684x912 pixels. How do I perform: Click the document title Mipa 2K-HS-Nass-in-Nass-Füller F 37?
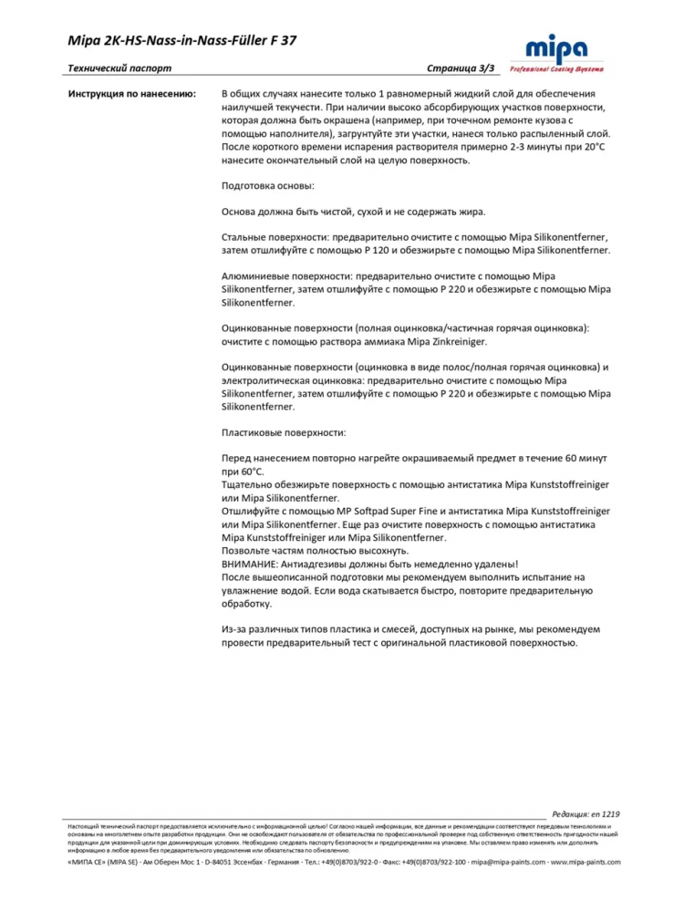tap(181, 40)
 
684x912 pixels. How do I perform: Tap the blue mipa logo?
tap(557, 48)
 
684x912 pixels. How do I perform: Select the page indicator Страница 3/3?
tap(461, 68)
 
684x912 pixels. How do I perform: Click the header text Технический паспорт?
tap(119, 68)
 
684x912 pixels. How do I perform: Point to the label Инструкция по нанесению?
tap(132, 94)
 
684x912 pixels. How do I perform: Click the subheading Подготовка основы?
tap(268, 185)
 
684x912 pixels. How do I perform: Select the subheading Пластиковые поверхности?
tap(285, 432)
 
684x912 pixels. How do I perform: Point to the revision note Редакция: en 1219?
tap(586, 814)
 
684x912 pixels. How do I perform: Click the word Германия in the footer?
tap(275, 861)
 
